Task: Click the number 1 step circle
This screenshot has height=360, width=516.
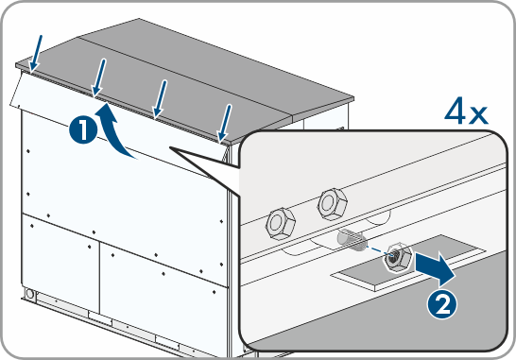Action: [x=83, y=130]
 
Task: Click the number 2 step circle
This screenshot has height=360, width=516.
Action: [x=442, y=305]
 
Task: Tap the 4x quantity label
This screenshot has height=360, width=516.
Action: [x=466, y=111]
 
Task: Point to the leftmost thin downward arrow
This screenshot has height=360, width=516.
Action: [x=36, y=53]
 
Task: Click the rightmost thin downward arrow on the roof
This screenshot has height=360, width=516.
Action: [x=225, y=124]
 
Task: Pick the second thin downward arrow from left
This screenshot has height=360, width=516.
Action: [x=99, y=77]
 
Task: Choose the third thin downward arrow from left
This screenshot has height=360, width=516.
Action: [x=161, y=98]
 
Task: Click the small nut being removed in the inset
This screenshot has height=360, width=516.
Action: [x=397, y=258]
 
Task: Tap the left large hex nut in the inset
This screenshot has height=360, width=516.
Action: [x=281, y=223]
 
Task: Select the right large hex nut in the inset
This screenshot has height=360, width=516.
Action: [x=333, y=204]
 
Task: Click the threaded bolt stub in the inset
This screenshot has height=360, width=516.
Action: [x=352, y=240]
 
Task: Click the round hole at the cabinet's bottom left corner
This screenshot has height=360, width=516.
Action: [x=30, y=293]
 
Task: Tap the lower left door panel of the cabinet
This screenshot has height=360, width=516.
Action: [x=60, y=264]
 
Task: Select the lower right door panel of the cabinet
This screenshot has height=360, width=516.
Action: [x=163, y=289]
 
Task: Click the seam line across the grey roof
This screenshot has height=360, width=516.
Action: [x=186, y=76]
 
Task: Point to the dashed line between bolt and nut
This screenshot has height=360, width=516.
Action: [x=378, y=249]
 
